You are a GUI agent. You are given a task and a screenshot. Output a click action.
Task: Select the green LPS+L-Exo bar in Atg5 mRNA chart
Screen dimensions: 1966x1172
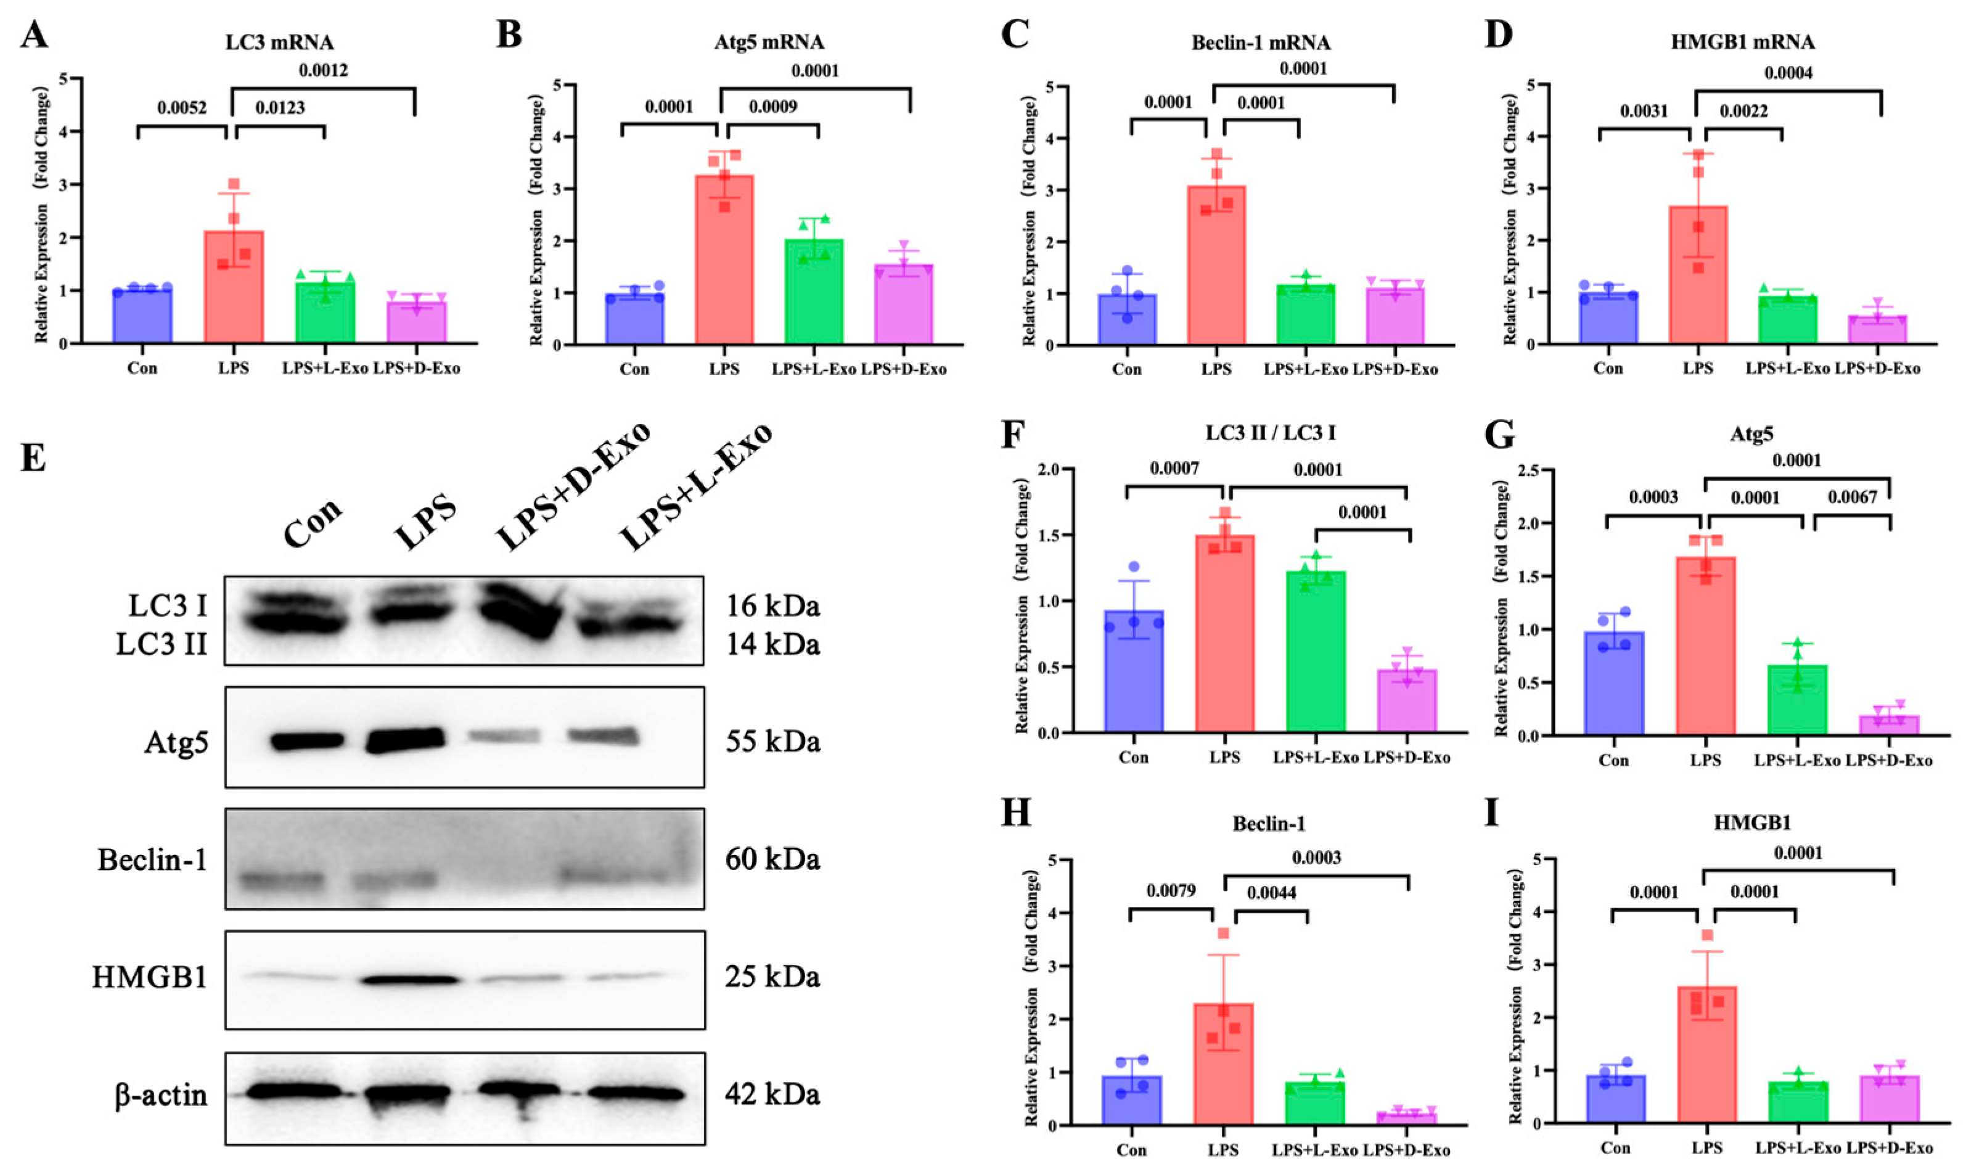(813, 292)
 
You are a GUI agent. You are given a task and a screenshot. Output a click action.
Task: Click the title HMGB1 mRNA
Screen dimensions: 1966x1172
(1741, 43)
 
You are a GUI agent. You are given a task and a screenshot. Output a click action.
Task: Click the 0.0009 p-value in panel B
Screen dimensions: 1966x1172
(772, 107)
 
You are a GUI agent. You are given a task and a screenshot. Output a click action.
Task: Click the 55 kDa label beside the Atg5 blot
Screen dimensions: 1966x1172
(772, 742)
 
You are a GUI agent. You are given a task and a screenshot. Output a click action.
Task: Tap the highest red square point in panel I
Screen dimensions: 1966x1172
(1707, 936)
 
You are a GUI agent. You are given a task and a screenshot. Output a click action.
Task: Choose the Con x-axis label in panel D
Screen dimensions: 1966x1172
(1608, 369)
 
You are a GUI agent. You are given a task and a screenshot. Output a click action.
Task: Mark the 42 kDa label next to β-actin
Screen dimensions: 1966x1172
(772, 1094)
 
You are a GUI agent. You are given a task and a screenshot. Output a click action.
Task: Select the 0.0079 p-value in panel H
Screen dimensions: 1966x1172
(1171, 891)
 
